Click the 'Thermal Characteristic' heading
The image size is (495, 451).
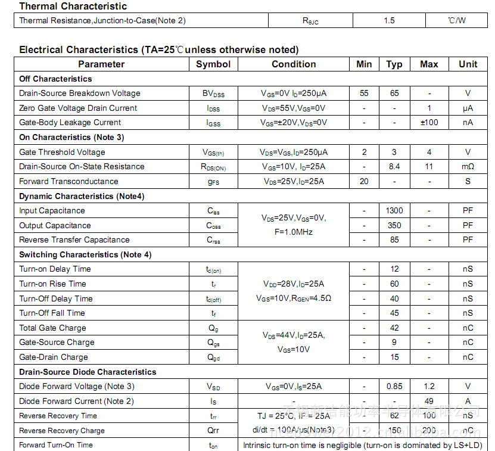pos(73,7)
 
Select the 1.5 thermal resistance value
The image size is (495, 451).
pos(389,21)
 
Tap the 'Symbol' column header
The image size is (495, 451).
pos(213,64)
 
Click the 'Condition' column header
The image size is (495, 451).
pos(294,64)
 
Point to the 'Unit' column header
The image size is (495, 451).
pos(468,64)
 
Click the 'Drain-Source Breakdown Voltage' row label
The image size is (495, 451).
pos(80,94)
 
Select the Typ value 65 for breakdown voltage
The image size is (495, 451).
pos(394,94)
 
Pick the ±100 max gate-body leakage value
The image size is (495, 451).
pos(429,123)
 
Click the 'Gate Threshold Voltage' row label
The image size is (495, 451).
pos(62,153)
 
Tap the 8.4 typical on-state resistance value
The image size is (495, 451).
pos(394,167)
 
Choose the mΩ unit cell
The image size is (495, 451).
pos(468,167)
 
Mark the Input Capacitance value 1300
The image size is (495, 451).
pos(394,211)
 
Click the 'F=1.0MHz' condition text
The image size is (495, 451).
pos(294,232)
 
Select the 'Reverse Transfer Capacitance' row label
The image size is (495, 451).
pos(74,240)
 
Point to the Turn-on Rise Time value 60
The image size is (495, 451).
pos(394,284)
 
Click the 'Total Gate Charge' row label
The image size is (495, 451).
pos(52,328)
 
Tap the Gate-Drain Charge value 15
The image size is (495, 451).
pos(394,357)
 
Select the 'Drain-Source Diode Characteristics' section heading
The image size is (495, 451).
pos(88,372)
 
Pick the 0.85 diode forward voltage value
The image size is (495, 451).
pos(394,387)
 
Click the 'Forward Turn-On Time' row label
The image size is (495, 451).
pos(56,445)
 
